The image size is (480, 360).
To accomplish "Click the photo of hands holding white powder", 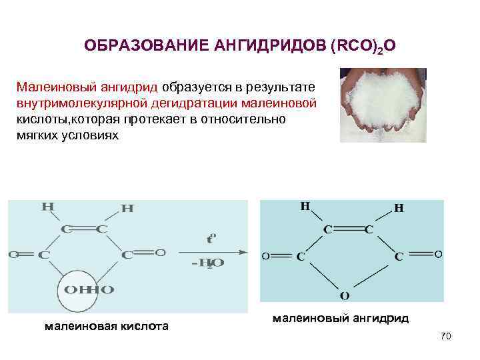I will [x=383, y=105].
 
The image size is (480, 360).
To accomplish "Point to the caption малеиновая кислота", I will [x=106, y=326].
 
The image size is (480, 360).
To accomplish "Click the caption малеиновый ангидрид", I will [x=341, y=319].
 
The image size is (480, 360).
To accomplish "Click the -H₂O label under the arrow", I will [x=207, y=263].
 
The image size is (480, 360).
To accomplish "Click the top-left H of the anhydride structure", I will [x=305, y=207].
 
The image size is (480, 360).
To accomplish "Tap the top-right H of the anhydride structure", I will [x=399, y=208].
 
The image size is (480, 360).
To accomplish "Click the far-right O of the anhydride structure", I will [x=438, y=254].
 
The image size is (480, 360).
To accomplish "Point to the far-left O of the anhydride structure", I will [x=265, y=255].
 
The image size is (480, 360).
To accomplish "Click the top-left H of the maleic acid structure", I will [x=47, y=207].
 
